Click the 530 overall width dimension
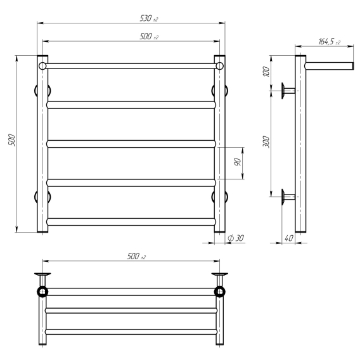(x=149, y=18)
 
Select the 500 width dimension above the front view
(x=149, y=37)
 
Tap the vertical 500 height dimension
(x=11, y=140)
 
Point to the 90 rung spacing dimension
(x=238, y=162)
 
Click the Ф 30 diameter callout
(x=236, y=238)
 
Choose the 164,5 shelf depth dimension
(x=329, y=42)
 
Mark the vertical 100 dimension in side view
(x=266, y=72)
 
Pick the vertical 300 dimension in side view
(x=266, y=142)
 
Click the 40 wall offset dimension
(x=289, y=238)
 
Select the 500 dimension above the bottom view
(x=136, y=256)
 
